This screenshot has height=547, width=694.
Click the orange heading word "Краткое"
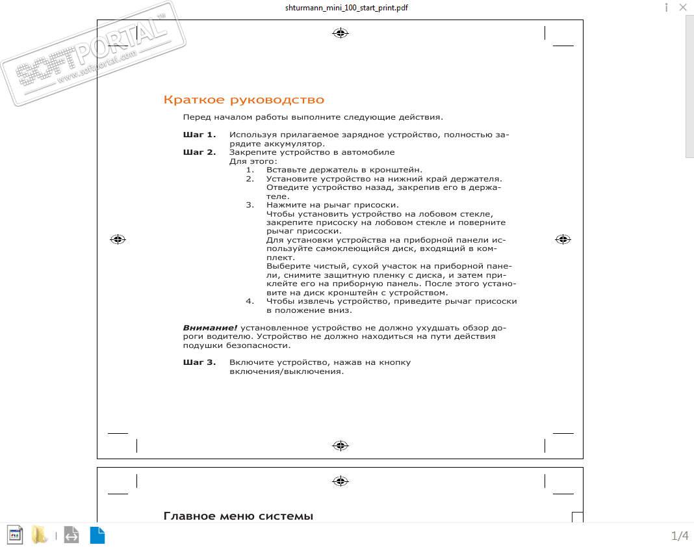188,100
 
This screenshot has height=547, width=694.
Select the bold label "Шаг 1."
199,135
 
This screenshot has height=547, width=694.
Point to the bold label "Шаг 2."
199,152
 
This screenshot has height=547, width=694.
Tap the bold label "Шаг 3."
199,362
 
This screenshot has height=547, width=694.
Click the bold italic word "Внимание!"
210,328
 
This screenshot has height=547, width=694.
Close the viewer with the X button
683,8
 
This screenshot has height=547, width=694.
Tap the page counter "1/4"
680,536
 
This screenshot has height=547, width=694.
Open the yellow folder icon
40,535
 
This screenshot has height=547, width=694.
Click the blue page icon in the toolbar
97,535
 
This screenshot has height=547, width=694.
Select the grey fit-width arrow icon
71,535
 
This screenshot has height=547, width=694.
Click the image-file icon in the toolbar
15,535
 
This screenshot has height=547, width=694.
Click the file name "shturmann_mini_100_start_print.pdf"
346,8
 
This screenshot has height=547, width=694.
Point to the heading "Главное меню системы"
238,516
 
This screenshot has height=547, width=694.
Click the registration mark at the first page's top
340,33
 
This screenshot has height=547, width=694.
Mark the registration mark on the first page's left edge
118,239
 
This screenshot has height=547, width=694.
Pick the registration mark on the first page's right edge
563,239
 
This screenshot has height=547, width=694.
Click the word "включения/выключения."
286,371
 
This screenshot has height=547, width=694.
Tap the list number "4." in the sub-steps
250,301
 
